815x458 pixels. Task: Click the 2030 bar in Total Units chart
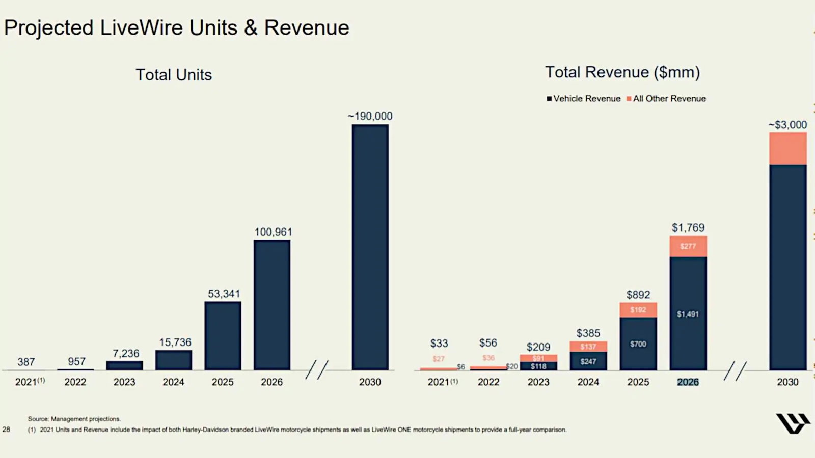[x=370, y=247]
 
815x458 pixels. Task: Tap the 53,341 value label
[x=224, y=294]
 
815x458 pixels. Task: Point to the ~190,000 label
[x=370, y=116]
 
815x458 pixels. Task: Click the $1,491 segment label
[x=688, y=314]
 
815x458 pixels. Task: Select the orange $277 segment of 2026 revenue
[x=688, y=246]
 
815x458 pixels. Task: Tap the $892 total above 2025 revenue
[x=638, y=295]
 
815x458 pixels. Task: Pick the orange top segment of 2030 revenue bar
[x=787, y=149]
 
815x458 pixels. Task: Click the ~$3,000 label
[x=787, y=125]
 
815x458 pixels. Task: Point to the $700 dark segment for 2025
[x=638, y=344]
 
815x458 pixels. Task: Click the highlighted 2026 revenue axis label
[x=688, y=382]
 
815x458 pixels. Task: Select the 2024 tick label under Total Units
[x=173, y=382]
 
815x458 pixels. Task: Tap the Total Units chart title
[x=174, y=75]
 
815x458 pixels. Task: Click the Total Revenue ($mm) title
[x=622, y=72]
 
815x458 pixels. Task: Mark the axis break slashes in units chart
[x=317, y=370]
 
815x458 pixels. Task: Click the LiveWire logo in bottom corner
[x=793, y=423]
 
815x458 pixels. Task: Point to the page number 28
[x=6, y=430]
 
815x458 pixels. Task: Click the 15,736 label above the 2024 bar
[x=175, y=342]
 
